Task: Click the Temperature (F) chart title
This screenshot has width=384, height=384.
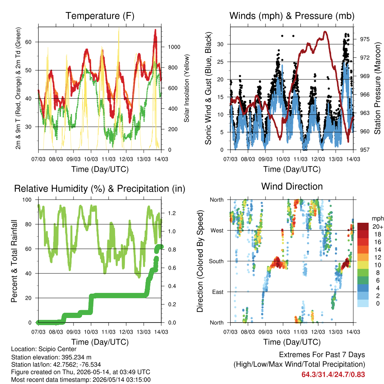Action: [x=100, y=16]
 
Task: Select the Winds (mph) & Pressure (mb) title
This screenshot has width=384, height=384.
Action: [x=292, y=16]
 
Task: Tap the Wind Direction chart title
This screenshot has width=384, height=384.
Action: [x=292, y=186]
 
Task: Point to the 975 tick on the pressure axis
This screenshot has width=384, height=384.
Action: [x=364, y=39]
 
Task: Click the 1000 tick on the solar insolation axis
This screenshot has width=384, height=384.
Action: [x=174, y=47]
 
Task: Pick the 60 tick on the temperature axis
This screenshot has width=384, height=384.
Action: [x=28, y=42]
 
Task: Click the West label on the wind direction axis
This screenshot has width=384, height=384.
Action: [x=217, y=231]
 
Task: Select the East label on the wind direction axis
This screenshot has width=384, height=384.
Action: [x=218, y=292]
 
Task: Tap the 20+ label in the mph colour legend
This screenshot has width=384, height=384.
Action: [x=378, y=227]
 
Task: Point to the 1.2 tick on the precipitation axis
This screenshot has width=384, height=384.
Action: [x=172, y=213]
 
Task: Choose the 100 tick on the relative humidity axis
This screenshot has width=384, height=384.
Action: [x=27, y=200]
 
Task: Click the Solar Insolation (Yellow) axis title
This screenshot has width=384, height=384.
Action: [x=187, y=88]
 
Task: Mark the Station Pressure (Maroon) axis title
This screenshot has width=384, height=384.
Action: [x=377, y=88]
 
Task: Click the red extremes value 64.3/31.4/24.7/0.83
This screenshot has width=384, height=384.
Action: [x=333, y=375]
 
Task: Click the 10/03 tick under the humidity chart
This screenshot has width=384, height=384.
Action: [x=91, y=332]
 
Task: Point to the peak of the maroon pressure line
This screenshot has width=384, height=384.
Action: [x=325, y=31]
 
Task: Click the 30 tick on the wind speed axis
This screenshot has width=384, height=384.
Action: [x=220, y=44]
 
